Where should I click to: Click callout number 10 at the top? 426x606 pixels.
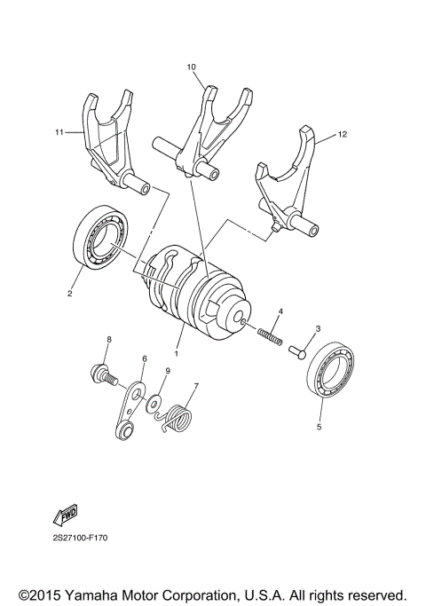point(191,67)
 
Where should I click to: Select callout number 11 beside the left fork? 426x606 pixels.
point(59,132)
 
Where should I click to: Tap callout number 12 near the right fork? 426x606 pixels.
point(343,136)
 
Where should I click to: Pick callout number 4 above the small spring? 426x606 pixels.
point(280,311)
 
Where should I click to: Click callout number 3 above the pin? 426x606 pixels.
point(318,328)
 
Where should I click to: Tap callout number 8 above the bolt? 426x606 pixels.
point(109,340)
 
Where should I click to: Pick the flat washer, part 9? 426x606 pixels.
point(154,403)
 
